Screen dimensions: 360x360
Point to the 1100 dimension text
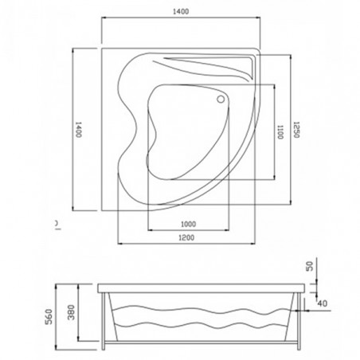[x=280, y=131]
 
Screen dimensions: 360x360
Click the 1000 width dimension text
[x=189, y=225]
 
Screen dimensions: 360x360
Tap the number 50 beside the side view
[x=311, y=266]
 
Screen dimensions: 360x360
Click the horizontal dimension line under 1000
[x=189, y=231]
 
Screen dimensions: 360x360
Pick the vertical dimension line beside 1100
[x=274, y=131]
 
